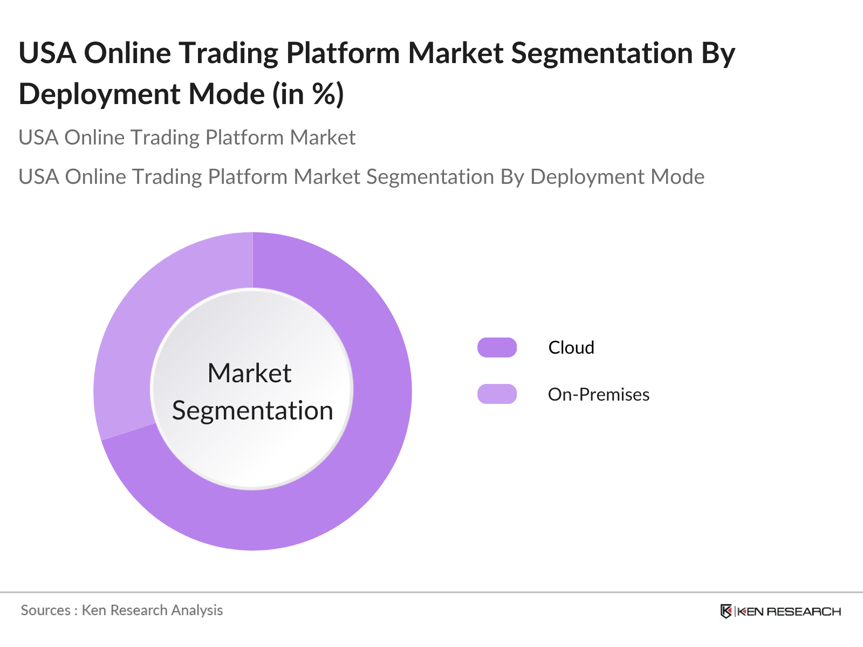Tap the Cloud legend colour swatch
497,347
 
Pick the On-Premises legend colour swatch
497,394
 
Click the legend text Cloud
571,348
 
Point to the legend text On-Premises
599,395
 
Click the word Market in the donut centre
249,373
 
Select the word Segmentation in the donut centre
252,411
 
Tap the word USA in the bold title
47,53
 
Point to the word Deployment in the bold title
99,95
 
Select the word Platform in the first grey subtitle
244,137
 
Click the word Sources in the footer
46,610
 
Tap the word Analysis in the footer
197,610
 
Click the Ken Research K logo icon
726,611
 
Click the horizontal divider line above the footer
432,592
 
